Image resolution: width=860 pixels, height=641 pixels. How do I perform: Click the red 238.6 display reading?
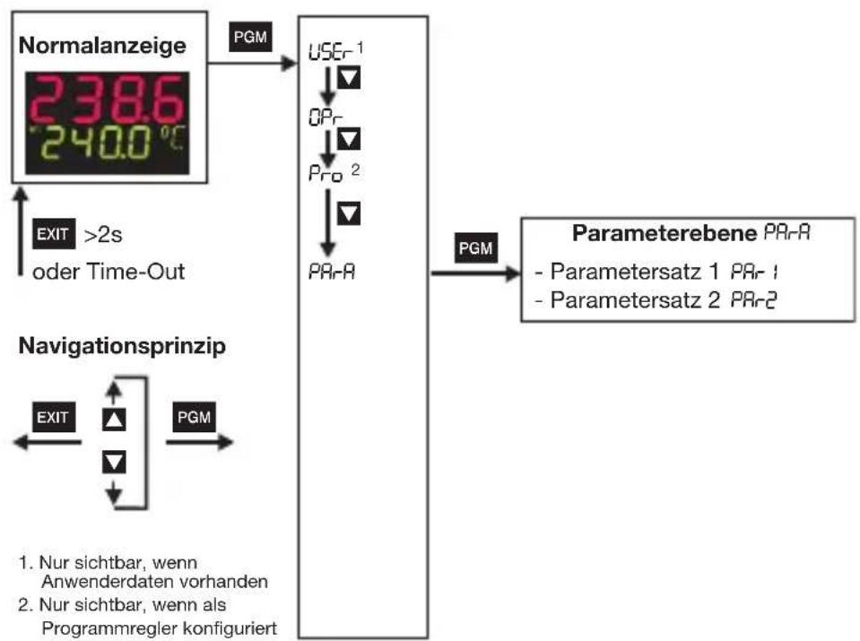coord(107,100)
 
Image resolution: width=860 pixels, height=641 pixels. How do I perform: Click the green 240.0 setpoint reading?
coord(97,143)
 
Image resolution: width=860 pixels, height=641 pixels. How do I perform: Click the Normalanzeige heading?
coord(102,45)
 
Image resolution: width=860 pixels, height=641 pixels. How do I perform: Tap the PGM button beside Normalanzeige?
coord(250,37)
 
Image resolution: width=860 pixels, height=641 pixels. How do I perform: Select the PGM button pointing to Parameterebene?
coord(475,247)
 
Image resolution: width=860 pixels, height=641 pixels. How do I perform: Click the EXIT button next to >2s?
coord(54,234)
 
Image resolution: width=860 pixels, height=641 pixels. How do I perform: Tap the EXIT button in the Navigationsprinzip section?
coord(54,417)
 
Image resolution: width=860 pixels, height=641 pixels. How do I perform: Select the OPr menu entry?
coord(326,117)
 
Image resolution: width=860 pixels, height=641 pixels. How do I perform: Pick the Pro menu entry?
coord(326,173)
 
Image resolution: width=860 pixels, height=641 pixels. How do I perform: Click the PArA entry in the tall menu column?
coord(332,272)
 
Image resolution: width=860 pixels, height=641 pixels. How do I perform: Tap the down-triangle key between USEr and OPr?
coord(349,77)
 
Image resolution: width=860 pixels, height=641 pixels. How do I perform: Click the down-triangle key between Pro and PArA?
coord(349,212)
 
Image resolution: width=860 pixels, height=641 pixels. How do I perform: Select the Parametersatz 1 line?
coord(656,272)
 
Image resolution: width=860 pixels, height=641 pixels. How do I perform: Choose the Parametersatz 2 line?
coord(656,300)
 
